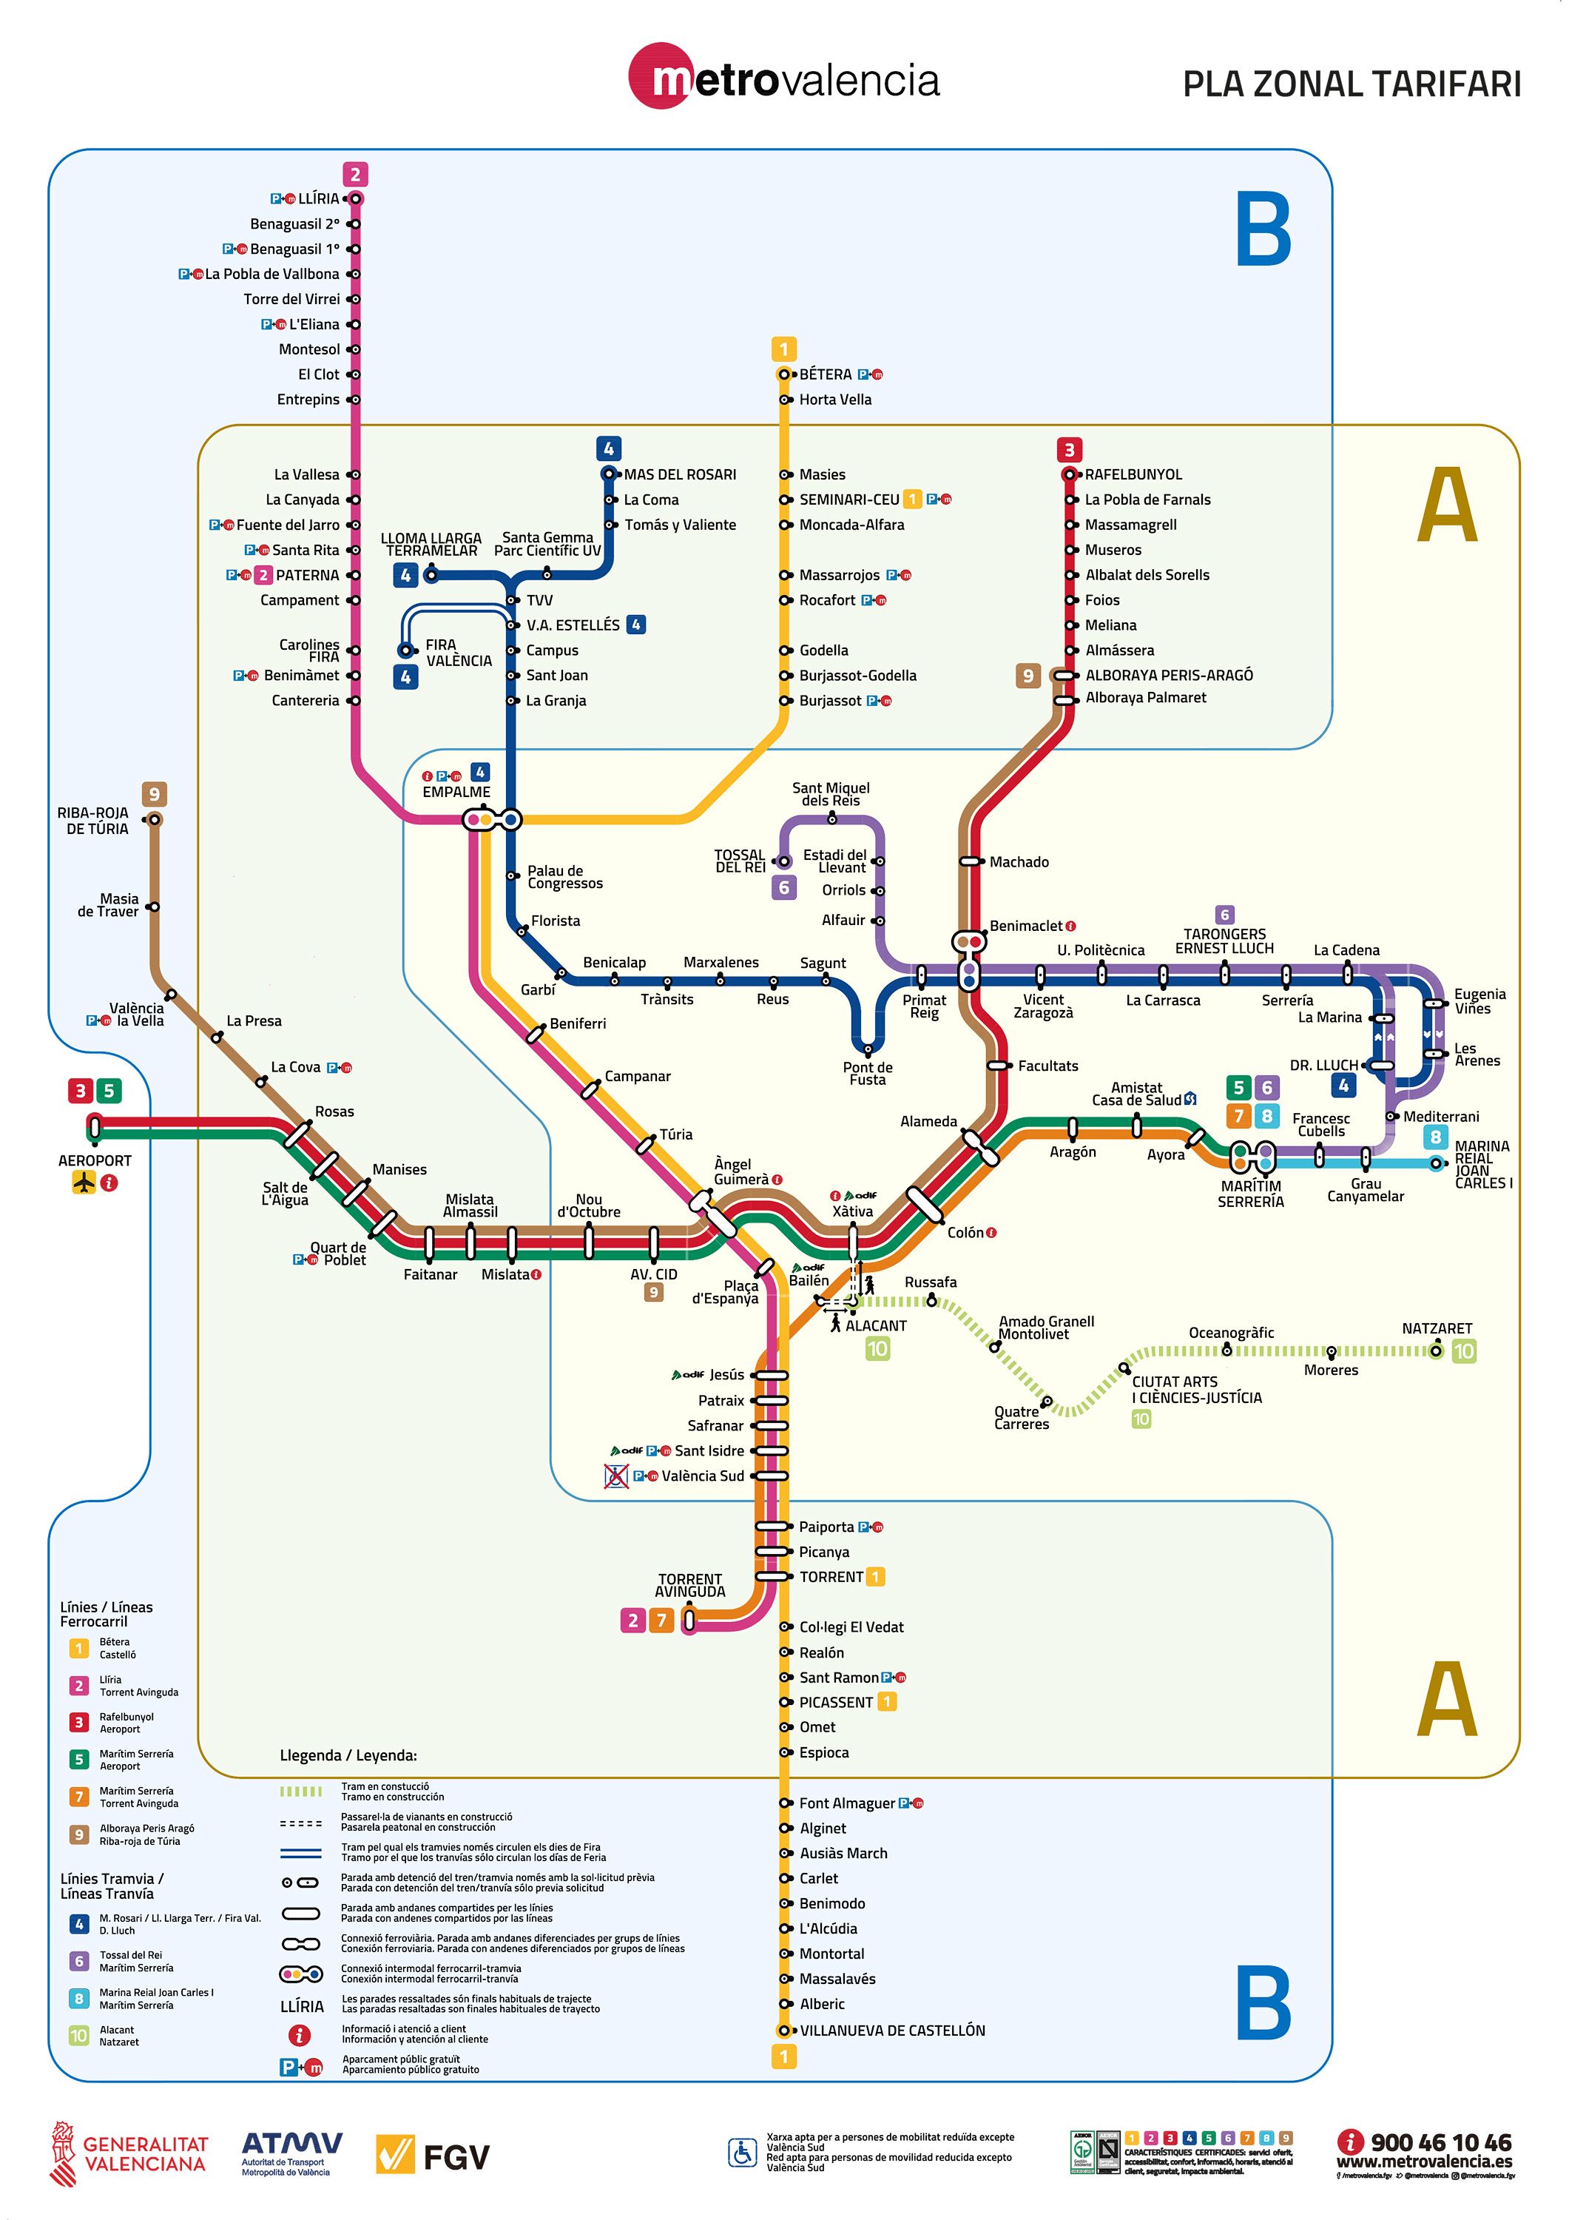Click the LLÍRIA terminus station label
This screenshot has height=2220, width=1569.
click(318, 199)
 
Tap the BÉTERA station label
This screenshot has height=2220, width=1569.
click(825, 374)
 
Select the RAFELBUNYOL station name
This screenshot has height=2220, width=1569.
click(1133, 475)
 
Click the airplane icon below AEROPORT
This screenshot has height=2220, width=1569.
click(84, 1182)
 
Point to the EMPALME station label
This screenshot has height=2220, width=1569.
click(456, 792)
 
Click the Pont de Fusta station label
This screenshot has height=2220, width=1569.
click(867, 1073)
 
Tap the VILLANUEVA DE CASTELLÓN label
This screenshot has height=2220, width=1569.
click(892, 2031)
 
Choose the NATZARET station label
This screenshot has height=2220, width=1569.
click(1437, 1328)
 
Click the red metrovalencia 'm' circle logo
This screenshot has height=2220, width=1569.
click(662, 78)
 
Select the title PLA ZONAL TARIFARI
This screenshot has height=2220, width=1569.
click(1352, 84)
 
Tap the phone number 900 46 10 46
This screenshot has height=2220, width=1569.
click(1440, 2142)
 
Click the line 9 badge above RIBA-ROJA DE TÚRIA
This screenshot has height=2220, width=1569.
click(154, 795)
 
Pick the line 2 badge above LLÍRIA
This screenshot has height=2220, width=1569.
click(355, 175)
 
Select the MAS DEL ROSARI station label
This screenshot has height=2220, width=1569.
click(680, 475)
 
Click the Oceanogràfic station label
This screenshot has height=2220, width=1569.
click(1231, 1333)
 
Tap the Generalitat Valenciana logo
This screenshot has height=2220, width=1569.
click(129, 2154)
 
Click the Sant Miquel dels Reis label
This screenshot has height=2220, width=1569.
click(831, 794)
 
